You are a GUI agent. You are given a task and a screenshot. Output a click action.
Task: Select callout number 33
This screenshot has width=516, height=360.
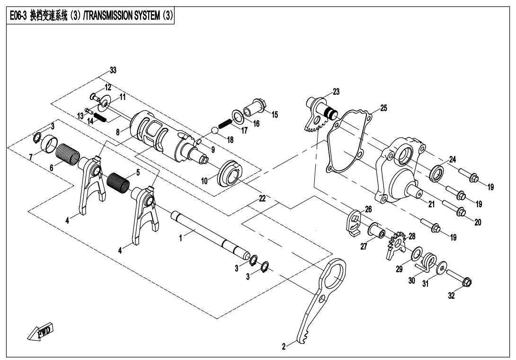click(x=113, y=70)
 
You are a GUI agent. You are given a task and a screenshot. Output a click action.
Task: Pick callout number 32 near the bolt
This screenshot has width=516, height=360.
click(x=452, y=296)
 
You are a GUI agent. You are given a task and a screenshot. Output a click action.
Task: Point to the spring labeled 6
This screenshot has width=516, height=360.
click(x=68, y=153)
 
